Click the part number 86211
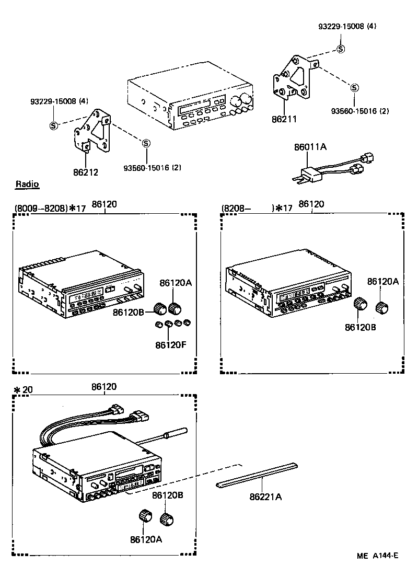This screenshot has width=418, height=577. point(284,119)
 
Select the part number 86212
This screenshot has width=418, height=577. point(86,171)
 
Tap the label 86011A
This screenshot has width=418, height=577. point(310,147)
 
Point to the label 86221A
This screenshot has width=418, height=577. point(265,497)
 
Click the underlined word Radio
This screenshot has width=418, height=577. point(27,184)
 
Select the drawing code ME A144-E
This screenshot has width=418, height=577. point(378,556)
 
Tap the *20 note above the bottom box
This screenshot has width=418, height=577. point(23,390)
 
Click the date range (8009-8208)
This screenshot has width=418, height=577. point(41,207)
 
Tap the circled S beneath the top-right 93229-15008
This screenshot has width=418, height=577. point(340,49)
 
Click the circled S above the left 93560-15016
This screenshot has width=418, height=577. point(146,143)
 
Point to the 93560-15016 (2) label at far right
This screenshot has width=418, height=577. point(360,111)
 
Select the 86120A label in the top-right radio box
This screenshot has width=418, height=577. point(382,281)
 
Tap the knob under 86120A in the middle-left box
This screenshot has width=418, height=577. point(175,307)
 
